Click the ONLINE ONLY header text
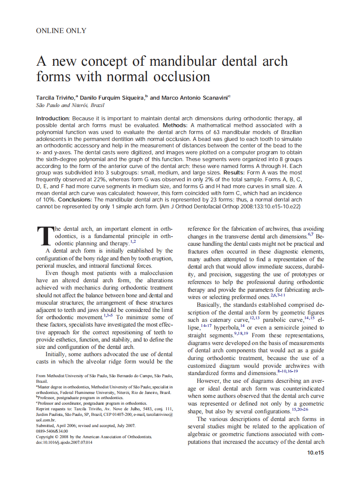click(61, 31)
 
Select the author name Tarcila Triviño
click(55, 98)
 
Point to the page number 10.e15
click(315, 453)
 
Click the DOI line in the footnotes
click(64, 442)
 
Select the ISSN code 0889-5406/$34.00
click(52, 431)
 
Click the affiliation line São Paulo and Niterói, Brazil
click(70, 105)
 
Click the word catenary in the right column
click(222, 320)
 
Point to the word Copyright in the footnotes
click(46, 436)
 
